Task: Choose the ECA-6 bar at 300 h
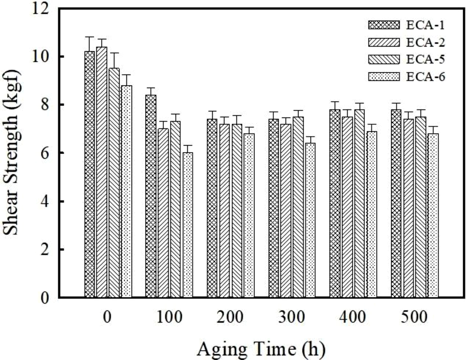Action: (x=310, y=220)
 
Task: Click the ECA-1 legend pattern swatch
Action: (x=384, y=25)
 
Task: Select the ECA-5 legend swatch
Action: (x=384, y=59)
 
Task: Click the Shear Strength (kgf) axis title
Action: (x=12, y=153)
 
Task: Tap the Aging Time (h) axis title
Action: (x=261, y=349)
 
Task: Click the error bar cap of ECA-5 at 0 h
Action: (x=114, y=53)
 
